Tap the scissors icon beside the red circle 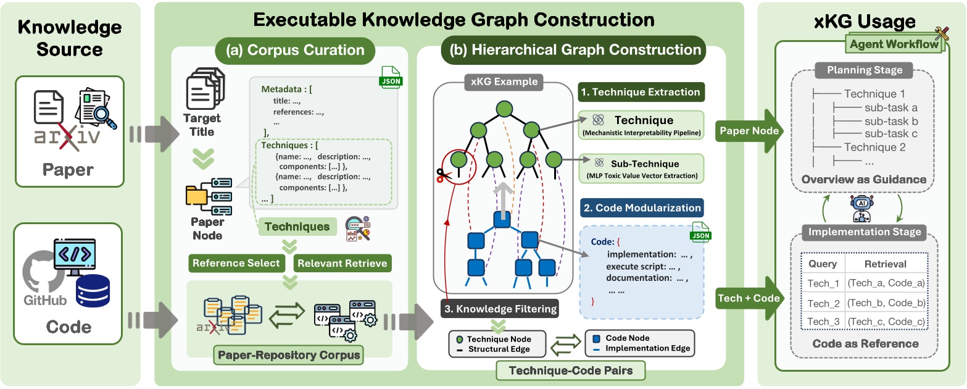pos(444,176)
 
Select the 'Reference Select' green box pos(236,263)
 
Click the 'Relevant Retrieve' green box pos(342,263)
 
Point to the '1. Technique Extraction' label pos(640,93)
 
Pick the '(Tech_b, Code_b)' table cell pos(886,303)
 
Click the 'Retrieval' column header pos(886,264)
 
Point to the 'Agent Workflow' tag pos(894,44)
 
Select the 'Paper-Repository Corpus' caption pos(289,356)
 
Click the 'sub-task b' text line pos(890,121)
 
